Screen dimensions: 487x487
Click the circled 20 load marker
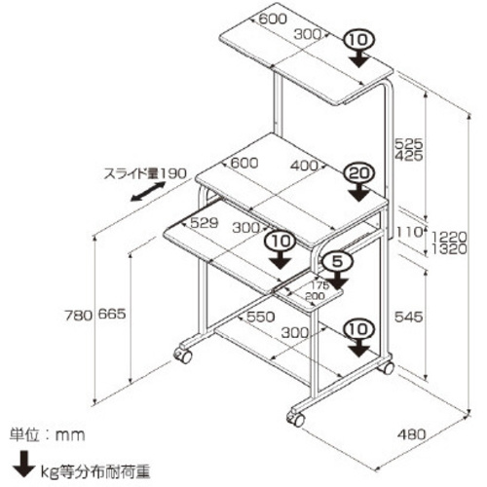pos(359,173)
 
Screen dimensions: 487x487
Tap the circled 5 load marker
pos(337,261)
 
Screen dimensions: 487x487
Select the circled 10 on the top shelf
pos(359,40)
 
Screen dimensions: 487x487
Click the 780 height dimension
pos(78,316)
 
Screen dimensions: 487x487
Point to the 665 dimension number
pos(112,314)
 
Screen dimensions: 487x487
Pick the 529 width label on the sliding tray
pos(204,223)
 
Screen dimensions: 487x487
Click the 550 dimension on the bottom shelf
pos(260,317)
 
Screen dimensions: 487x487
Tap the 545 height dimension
pos(408,317)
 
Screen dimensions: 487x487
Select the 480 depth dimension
pos(411,434)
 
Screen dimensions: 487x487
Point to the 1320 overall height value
pos(449,249)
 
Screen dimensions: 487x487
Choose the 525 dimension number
pos(408,143)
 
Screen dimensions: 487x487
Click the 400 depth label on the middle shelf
pos(304,166)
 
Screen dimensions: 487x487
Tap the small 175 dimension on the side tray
pos(320,285)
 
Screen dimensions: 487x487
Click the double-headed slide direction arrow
pos(148,192)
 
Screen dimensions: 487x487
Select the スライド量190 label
pos(145,173)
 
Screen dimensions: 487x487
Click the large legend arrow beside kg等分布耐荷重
pos(23,464)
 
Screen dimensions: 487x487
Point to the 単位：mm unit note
pos(47,434)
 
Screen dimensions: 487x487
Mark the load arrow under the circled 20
pos(358,192)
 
